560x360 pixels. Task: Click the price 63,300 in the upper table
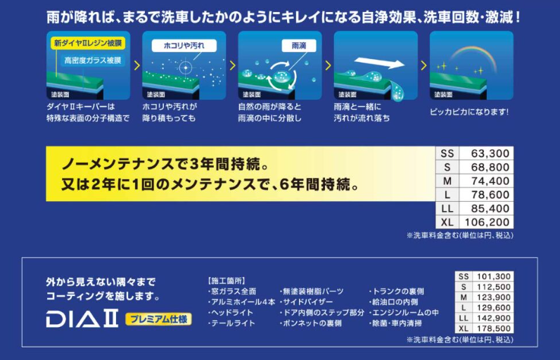(490, 153)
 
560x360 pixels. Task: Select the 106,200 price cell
(487, 222)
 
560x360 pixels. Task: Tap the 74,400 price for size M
(490, 181)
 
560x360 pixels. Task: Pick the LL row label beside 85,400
(447, 209)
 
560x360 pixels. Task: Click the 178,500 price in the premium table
(494, 328)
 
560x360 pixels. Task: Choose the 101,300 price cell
(494, 276)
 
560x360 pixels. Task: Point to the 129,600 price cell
(494, 307)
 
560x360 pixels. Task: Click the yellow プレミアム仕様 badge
(158, 319)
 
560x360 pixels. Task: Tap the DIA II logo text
(82, 319)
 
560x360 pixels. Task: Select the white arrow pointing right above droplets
(380, 63)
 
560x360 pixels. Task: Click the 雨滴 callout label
(299, 46)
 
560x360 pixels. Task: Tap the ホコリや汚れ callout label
(184, 46)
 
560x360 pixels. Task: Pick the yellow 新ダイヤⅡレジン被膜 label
(88, 43)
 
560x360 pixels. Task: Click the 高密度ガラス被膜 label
(92, 60)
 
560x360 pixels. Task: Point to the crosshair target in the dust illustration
(185, 67)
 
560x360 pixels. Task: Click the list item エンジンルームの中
(404, 313)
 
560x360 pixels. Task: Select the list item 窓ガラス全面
(231, 292)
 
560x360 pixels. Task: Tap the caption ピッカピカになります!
(469, 112)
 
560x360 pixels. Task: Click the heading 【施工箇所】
(226, 281)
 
